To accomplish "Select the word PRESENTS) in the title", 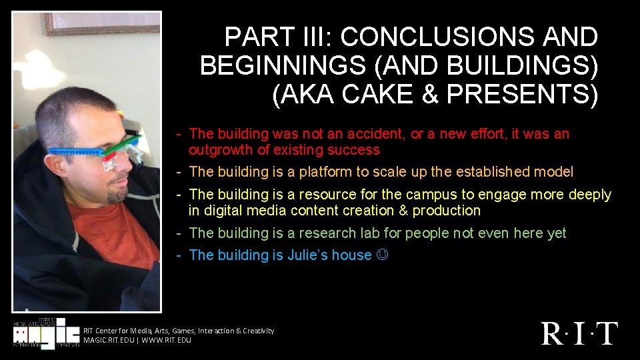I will click(522, 94).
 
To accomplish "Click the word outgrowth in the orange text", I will click(220, 150).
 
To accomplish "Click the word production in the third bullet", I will click(446, 211).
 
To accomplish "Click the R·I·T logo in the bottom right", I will click(579, 333).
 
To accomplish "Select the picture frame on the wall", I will click(100, 23).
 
